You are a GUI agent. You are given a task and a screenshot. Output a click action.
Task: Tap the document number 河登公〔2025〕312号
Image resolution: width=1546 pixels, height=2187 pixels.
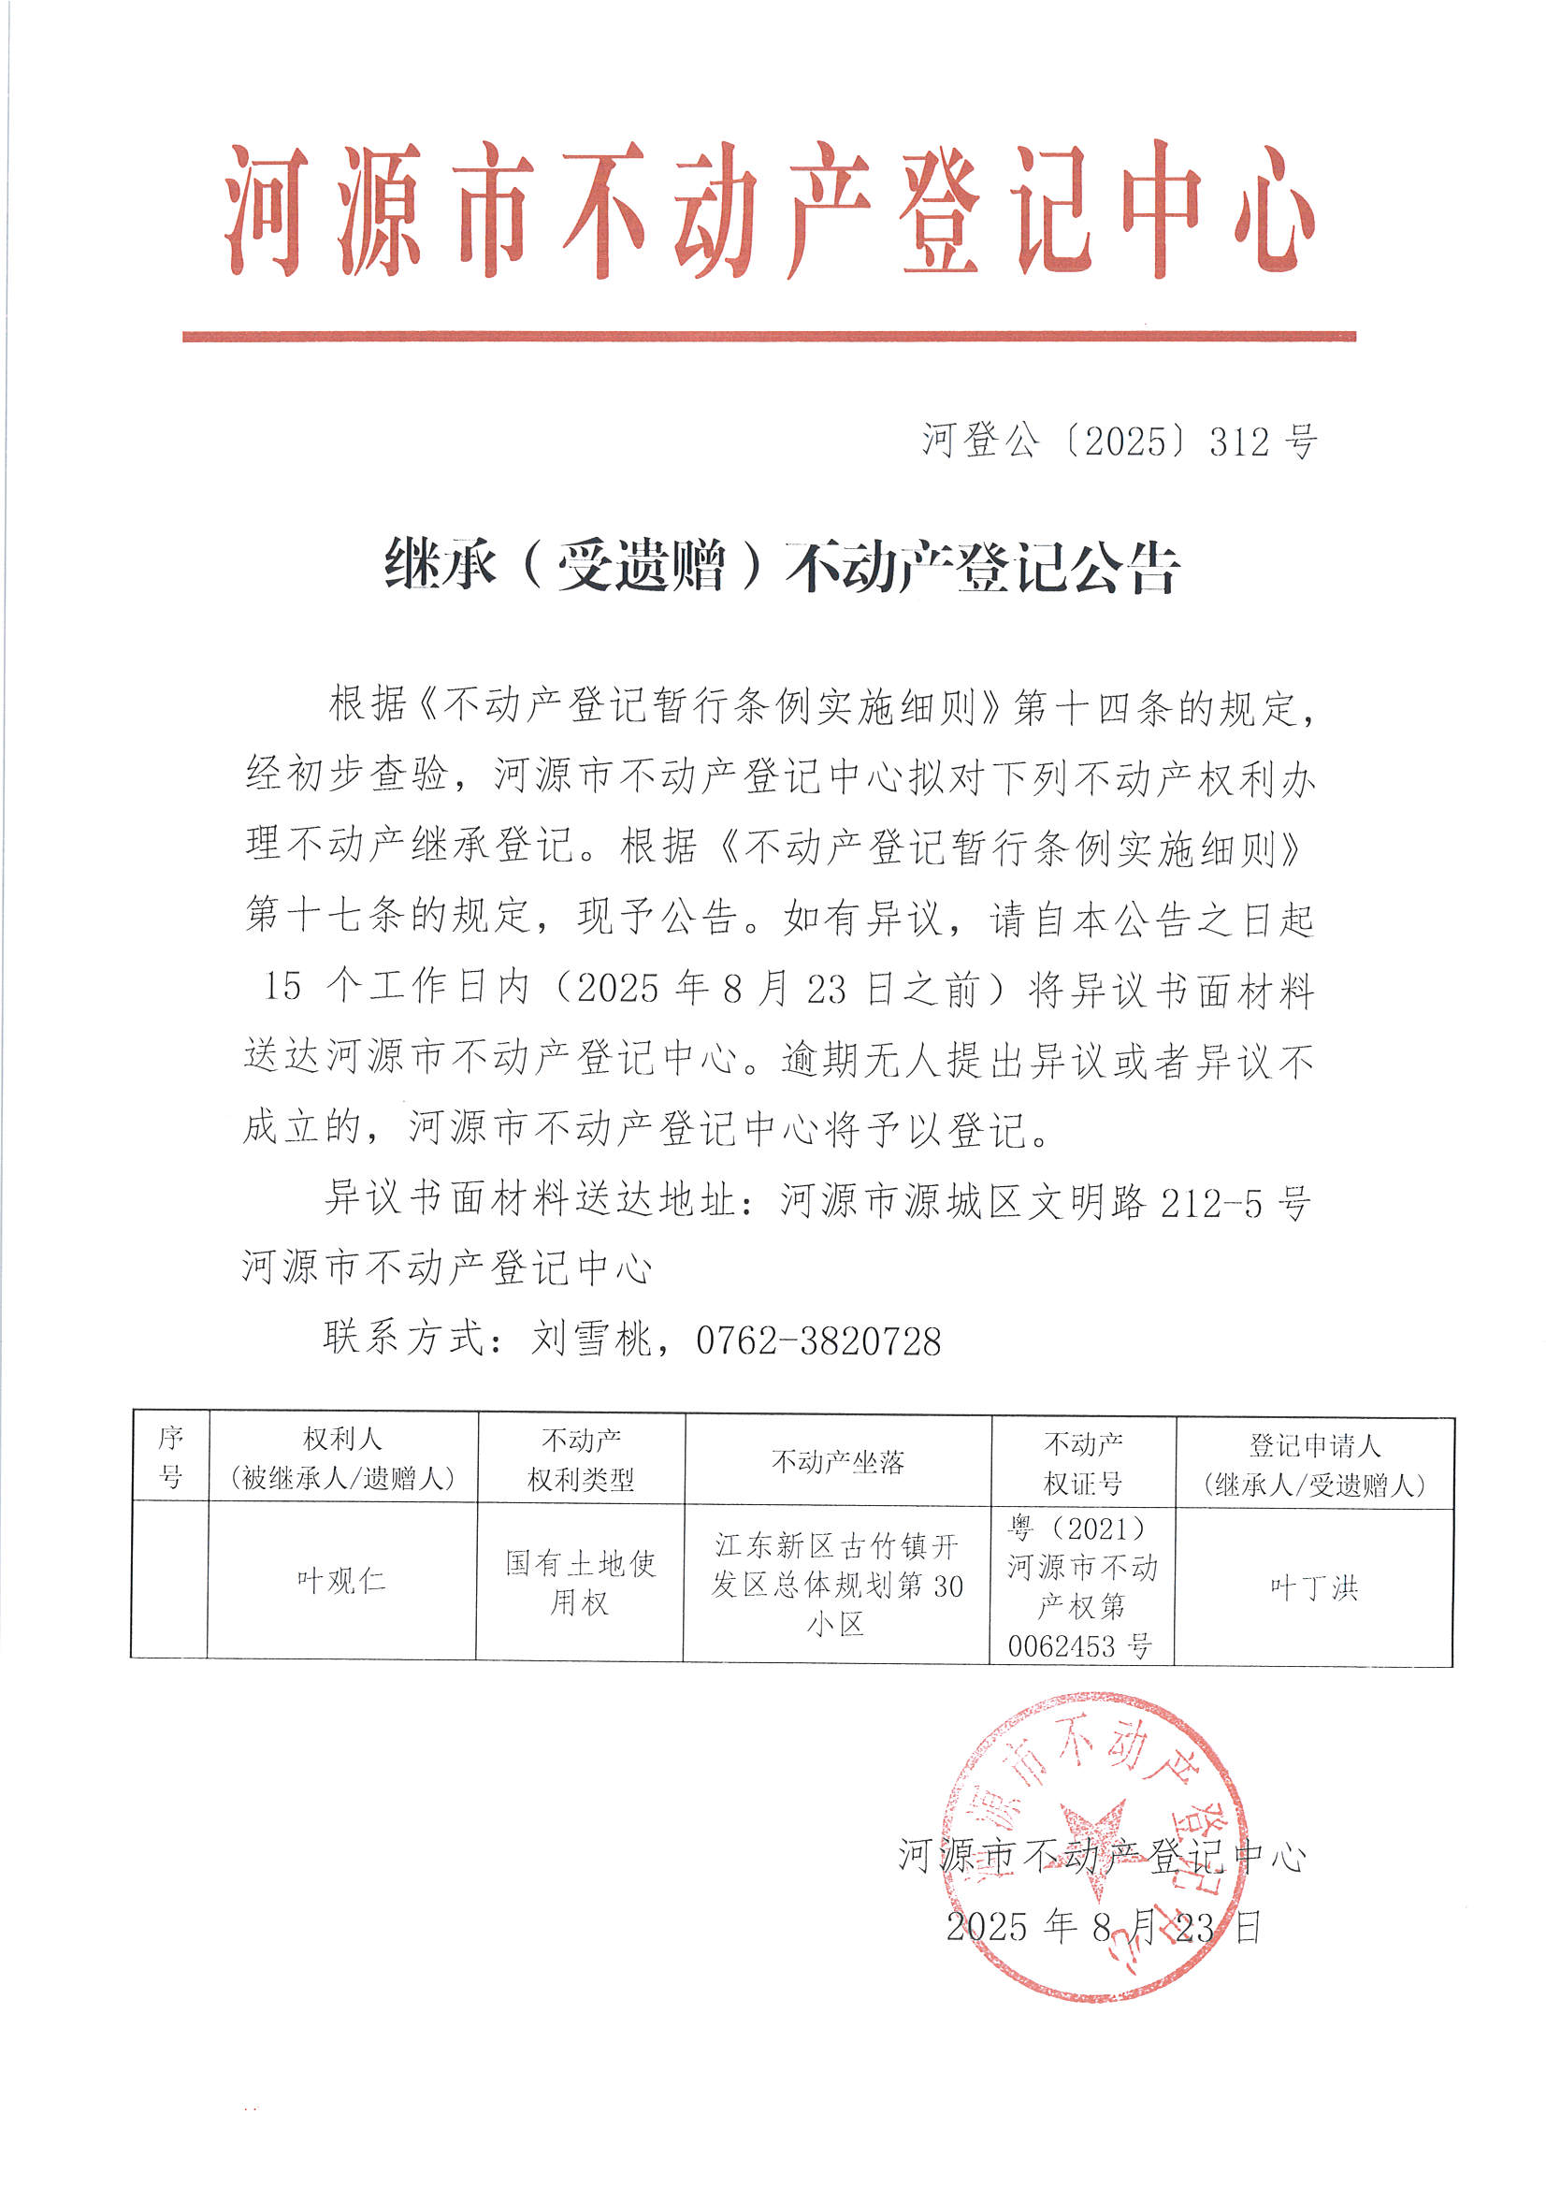coord(1120,442)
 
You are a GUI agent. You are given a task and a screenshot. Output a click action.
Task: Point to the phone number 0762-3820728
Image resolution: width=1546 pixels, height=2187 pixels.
coord(818,1341)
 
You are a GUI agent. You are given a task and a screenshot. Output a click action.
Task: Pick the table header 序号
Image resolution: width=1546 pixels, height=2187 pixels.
coord(170,1458)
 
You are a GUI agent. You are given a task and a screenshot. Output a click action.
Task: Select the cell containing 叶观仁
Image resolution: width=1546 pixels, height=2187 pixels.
coord(341,1581)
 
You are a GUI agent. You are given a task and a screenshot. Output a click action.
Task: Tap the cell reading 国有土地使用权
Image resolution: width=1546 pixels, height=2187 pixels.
coord(580,1582)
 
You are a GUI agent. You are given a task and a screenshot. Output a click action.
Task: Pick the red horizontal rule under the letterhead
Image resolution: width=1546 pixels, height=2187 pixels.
coord(769,336)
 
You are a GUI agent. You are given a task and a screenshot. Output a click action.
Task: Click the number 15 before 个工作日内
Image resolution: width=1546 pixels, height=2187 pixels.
coord(282,987)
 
